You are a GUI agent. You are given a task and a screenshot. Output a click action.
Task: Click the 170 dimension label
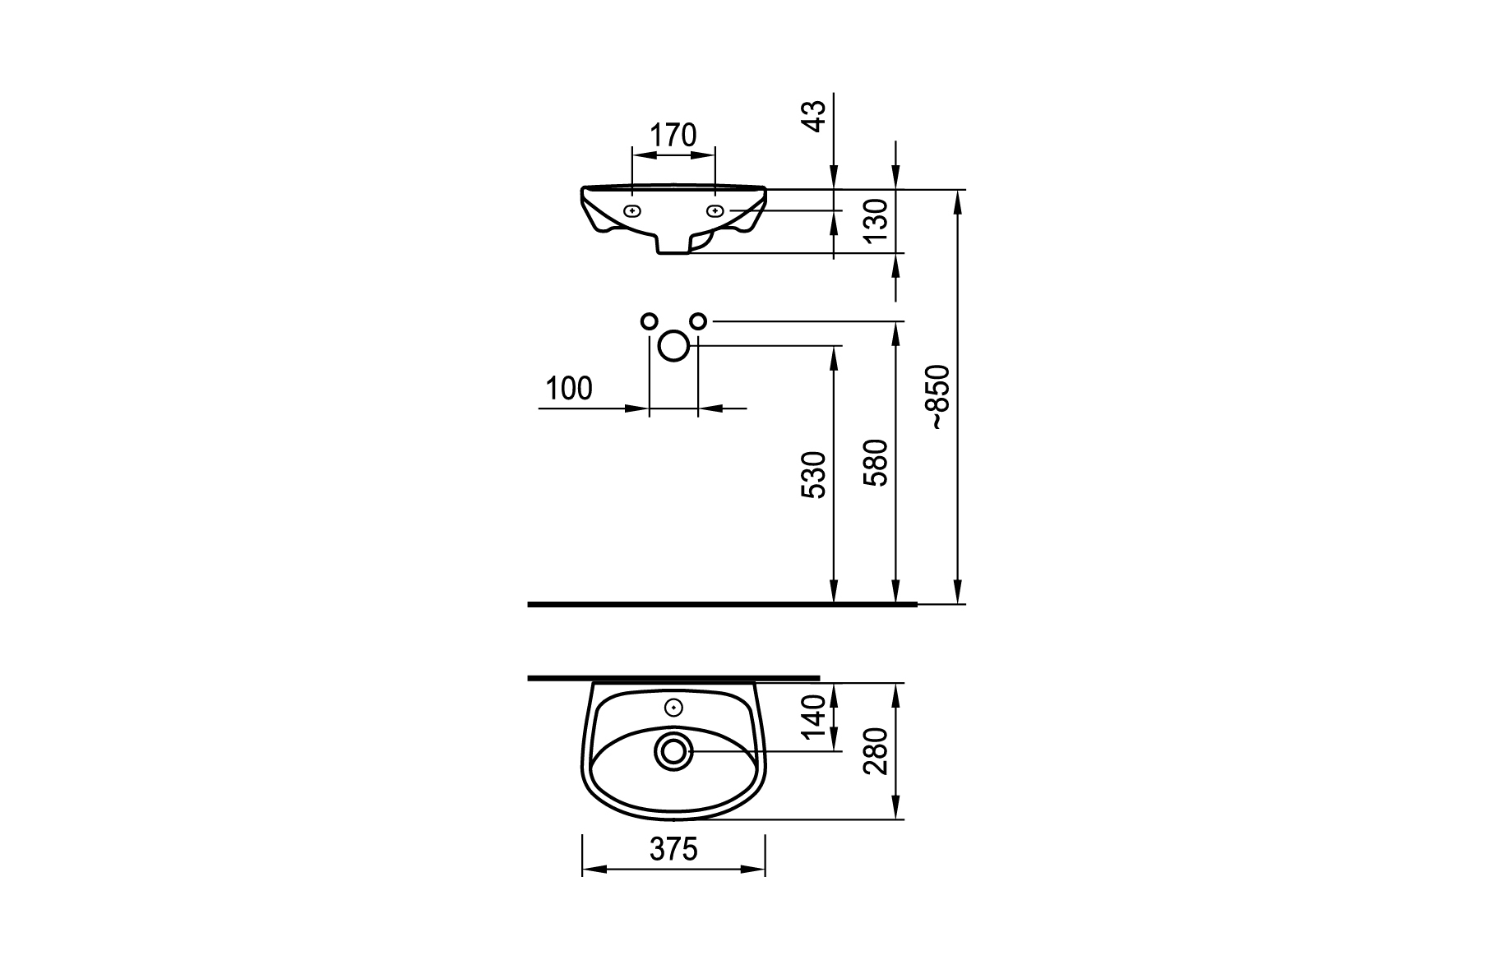coord(673,135)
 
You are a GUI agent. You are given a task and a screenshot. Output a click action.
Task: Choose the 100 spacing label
coord(569,389)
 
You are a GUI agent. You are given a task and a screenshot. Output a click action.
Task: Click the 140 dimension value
coord(813,717)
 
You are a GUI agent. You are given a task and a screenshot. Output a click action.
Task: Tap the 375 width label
coord(673,849)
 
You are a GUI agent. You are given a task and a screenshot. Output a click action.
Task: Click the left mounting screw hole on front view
coord(631,210)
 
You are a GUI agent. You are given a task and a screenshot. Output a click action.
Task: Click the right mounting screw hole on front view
coord(715,210)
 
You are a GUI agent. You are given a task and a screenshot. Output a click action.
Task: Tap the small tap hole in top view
coord(674,707)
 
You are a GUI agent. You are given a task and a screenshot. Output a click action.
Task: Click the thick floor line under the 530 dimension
coord(722,604)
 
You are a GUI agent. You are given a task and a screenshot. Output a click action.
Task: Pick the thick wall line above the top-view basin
coord(673,678)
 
